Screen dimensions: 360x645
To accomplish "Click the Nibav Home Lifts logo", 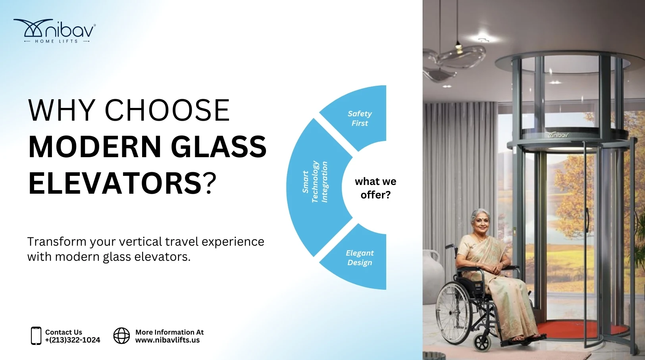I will (x=55, y=31).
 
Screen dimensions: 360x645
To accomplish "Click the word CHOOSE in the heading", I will (x=167, y=110).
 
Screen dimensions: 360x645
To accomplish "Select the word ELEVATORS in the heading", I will (x=115, y=183).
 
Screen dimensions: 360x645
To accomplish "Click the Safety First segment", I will (x=360, y=118).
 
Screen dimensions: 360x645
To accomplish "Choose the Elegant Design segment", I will (x=360, y=258).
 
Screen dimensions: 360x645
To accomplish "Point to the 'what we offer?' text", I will (x=375, y=188).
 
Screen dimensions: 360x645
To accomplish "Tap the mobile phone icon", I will (x=36, y=336).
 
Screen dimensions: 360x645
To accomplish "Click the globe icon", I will (x=121, y=336).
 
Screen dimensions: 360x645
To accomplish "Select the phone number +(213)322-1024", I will (x=73, y=340).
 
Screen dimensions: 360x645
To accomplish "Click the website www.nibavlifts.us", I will (x=168, y=340).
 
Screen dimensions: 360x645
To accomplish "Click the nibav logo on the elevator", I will (x=559, y=135).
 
